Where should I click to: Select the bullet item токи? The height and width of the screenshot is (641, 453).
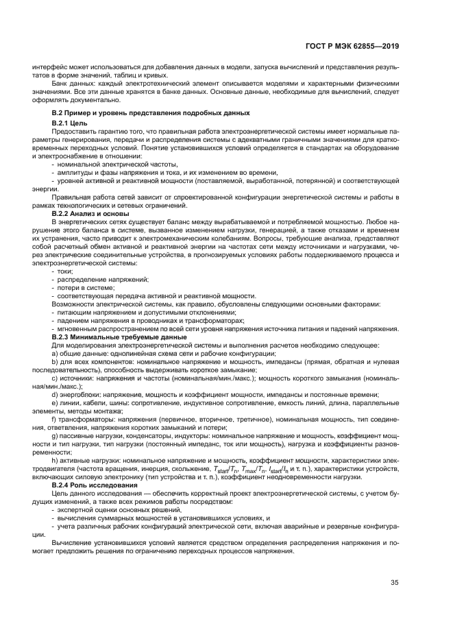pyautogui.click(x=66, y=272)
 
